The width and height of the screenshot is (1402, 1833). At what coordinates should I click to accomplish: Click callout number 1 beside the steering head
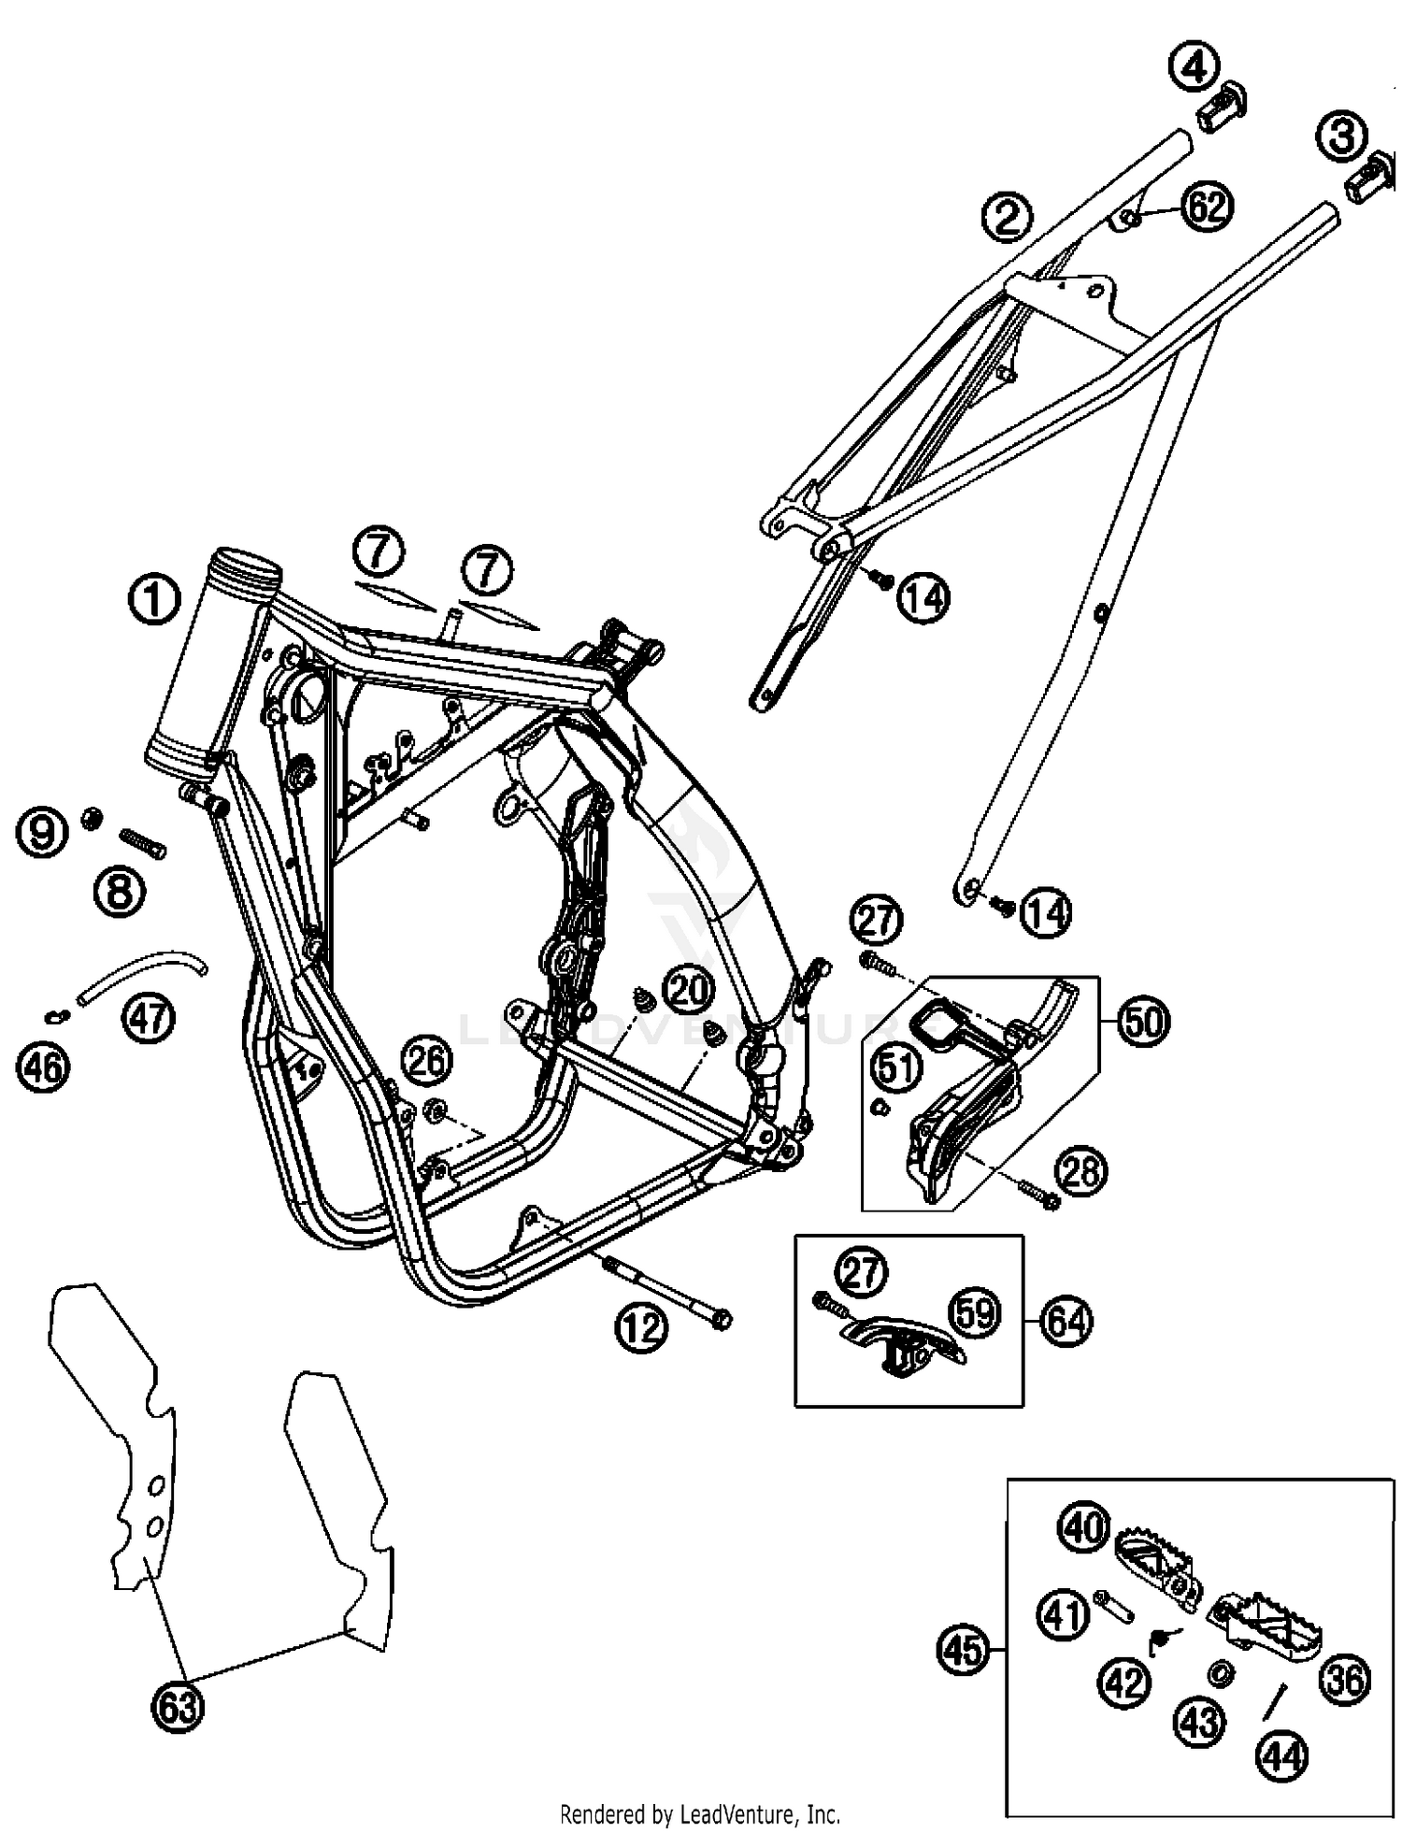(x=154, y=599)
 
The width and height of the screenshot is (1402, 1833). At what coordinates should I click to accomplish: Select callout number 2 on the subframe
(x=1008, y=217)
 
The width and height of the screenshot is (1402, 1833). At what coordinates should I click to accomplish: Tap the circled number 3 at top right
(x=1341, y=137)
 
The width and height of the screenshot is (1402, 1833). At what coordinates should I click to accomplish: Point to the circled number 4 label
(x=1195, y=68)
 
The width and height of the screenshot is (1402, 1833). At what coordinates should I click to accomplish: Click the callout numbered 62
(x=1207, y=205)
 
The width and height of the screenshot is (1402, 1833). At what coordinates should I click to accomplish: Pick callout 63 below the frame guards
(x=179, y=1707)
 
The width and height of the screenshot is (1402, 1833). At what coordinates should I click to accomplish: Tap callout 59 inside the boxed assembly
(x=975, y=1313)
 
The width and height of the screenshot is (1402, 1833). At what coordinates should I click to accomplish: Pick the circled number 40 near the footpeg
(x=1083, y=1528)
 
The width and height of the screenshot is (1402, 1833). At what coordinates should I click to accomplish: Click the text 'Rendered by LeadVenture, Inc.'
(x=700, y=1814)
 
